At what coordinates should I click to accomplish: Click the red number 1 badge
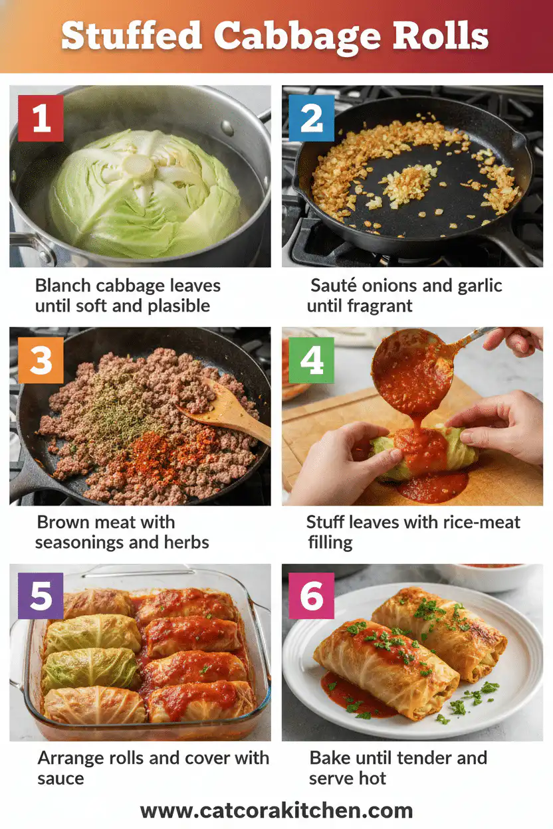(x=41, y=118)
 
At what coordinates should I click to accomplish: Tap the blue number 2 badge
(x=312, y=118)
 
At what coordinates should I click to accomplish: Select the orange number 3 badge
(x=41, y=360)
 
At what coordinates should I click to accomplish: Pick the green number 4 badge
(x=312, y=360)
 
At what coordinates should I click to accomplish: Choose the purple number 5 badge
(x=41, y=596)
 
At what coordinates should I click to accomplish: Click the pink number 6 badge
(x=312, y=596)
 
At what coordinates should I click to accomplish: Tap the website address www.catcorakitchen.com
(x=276, y=810)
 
